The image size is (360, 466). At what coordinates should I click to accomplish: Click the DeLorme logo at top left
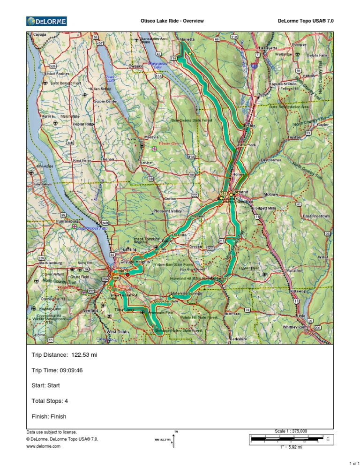point(47,21)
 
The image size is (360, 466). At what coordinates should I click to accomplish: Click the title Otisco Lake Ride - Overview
point(172,21)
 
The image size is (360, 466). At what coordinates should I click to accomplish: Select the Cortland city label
point(240,192)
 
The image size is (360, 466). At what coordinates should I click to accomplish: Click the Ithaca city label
point(122,271)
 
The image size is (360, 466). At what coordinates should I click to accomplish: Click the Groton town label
point(170,199)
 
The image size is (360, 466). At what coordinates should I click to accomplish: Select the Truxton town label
point(294,137)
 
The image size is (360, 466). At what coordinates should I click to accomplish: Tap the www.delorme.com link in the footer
point(44,447)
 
